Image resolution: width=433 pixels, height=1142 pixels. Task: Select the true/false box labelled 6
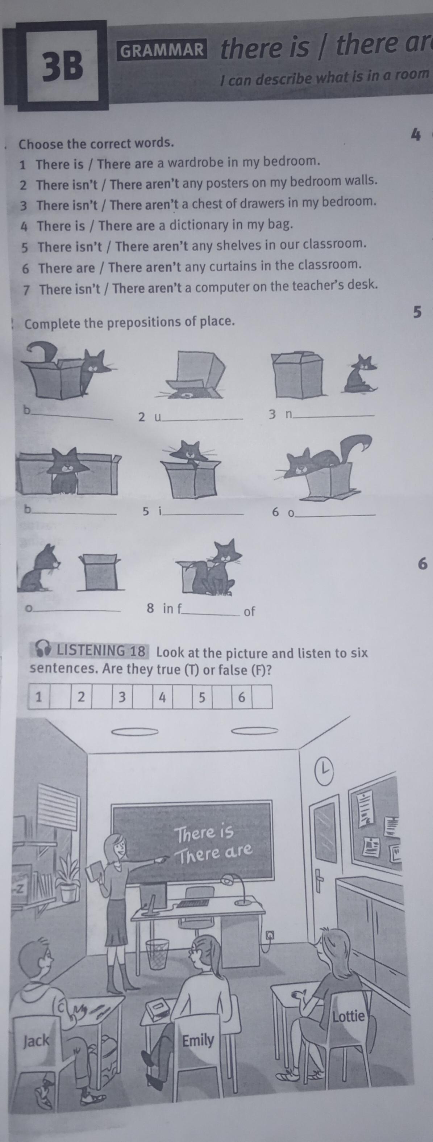coord(242,697)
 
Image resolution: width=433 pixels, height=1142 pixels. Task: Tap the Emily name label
coord(198,1039)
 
